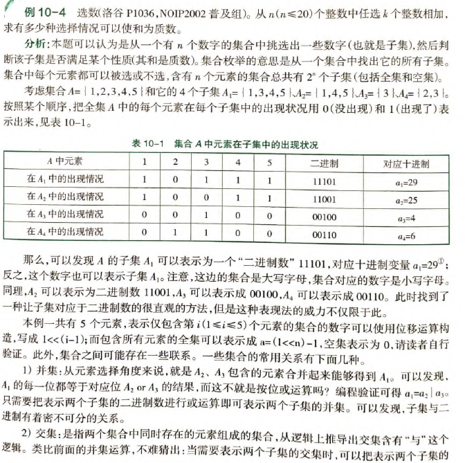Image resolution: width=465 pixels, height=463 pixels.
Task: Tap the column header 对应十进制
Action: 406,163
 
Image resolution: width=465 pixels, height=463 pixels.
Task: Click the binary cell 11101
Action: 325,180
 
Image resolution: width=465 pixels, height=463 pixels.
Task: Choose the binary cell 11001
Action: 325,198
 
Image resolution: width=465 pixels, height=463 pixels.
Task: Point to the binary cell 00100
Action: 325,216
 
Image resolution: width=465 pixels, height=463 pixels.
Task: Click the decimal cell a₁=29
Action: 407,181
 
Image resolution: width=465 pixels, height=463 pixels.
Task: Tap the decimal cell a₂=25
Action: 407,199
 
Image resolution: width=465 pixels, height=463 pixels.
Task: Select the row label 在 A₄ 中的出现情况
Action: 64,233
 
